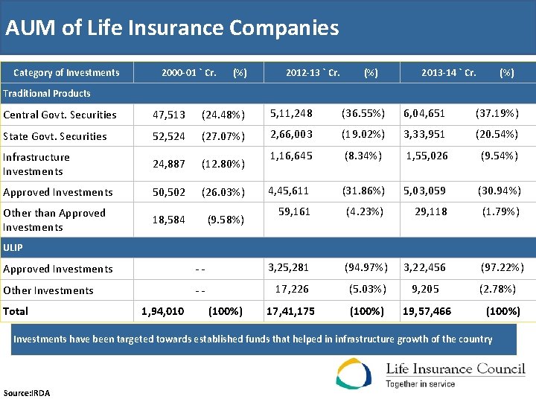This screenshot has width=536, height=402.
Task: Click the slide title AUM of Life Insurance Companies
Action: click(x=172, y=28)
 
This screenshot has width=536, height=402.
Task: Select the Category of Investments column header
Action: click(x=66, y=73)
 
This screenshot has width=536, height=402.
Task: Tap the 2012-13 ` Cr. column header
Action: click(x=313, y=73)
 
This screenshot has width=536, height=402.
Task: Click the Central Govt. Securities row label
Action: click(x=60, y=115)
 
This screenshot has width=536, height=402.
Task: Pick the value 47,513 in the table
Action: click(x=169, y=115)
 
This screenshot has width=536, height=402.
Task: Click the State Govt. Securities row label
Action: click(x=55, y=136)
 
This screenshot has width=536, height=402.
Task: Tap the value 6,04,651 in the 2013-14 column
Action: click(x=424, y=113)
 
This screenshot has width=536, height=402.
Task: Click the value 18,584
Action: click(x=169, y=220)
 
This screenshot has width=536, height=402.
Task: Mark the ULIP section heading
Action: click(x=13, y=247)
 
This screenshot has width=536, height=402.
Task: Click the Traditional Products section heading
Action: click(x=47, y=94)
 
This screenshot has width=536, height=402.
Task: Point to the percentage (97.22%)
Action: click(x=502, y=267)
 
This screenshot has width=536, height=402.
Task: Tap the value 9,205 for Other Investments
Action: click(x=425, y=289)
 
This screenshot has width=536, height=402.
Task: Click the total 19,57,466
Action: click(x=427, y=311)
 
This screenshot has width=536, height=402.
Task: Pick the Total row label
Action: click(x=16, y=311)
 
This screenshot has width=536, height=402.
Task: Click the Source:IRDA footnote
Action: click(x=27, y=393)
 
